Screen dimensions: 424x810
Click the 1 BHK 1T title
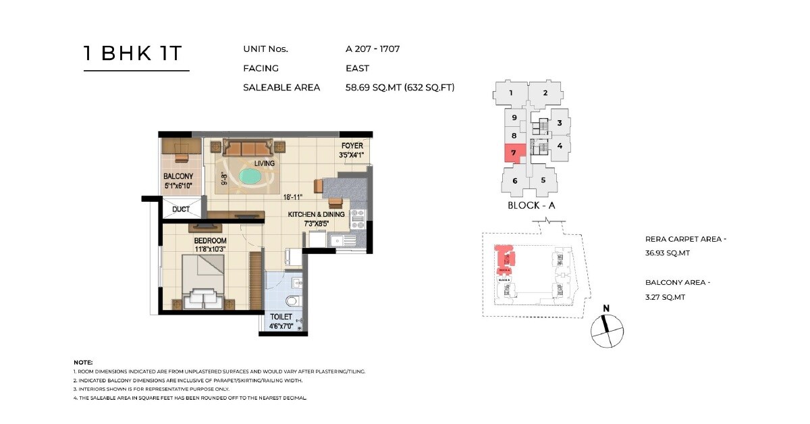(x=133, y=54)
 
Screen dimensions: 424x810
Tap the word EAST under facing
(x=358, y=68)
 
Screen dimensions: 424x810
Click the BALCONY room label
(x=178, y=176)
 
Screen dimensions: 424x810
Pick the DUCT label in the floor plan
(x=181, y=209)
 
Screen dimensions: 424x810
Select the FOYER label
(x=352, y=146)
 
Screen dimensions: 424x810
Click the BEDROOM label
(x=210, y=240)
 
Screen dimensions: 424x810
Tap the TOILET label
(x=281, y=317)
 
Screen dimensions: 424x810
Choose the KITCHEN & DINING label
(x=316, y=214)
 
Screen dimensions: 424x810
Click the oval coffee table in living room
(x=251, y=178)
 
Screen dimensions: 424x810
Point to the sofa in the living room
(x=248, y=148)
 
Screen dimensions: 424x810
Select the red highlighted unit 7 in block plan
(x=514, y=153)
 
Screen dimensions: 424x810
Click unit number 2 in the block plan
(x=544, y=93)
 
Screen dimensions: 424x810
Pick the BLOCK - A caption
(x=531, y=205)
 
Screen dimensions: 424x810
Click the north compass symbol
(x=606, y=330)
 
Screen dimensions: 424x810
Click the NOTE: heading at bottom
(x=83, y=363)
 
